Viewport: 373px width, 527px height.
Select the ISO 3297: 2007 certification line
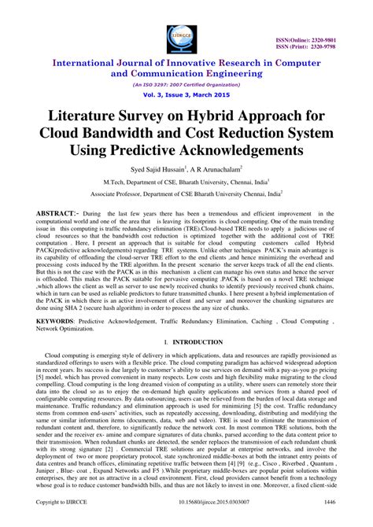point(186,81)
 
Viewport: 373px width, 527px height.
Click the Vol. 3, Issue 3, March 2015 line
point(186,93)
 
